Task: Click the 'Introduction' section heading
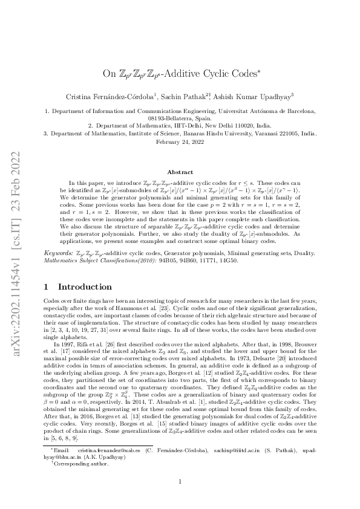click(x=79, y=287)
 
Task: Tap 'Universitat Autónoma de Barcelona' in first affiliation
click(x=267, y=111)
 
